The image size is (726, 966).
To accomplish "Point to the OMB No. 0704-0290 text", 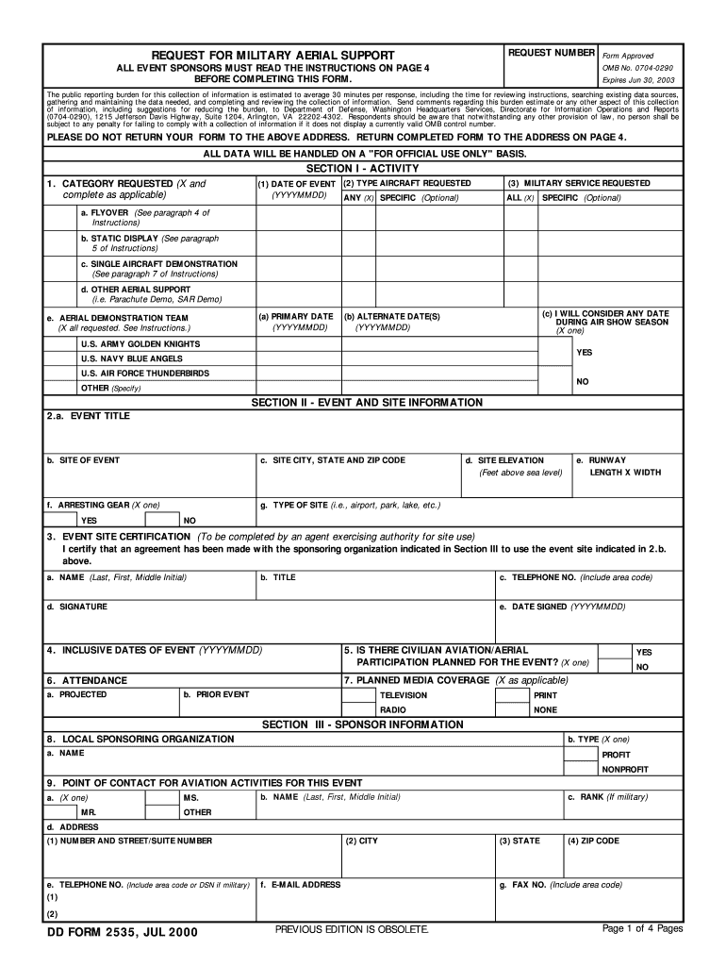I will pyautogui.click(x=638, y=69).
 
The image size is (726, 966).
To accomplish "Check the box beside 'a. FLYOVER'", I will pyautogui.click(x=61, y=218).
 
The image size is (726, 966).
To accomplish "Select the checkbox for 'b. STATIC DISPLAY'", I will pyautogui.click(x=61, y=243).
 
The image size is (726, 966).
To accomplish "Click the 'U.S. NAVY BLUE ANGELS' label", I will pyautogui.click(x=131, y=359).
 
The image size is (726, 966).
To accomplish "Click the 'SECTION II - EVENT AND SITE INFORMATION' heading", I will pyautogui.click(x=367, y=403).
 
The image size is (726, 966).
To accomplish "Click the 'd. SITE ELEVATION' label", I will pyautogui.click(x=510, y=460).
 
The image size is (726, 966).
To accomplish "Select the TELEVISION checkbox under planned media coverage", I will pyautogui.click(x=358, y=695).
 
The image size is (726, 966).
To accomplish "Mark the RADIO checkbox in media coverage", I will pyautogui.click(x=358, y=709).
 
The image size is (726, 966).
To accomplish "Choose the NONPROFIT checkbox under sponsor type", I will pyautogui.click(x=582, y=769).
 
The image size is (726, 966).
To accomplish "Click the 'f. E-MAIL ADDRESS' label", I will pyautogui.click(x=300, y=885).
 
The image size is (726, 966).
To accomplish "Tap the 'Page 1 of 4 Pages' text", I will pyautogui.click(x=642, y=929).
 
